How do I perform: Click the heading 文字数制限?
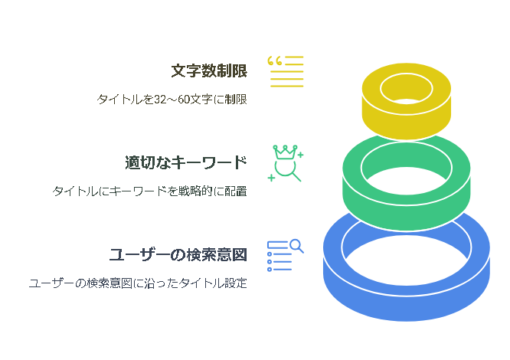[x=209, y=71]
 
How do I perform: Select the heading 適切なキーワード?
[x=186, y=162]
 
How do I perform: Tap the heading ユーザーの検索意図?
[x=178, y=254]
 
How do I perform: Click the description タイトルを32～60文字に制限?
[x=172, y=100]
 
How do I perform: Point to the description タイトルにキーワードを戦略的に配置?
[x=149, y=191]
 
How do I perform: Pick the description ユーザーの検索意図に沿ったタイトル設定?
[x=138, y=283]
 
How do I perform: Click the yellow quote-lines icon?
[x=286, y=71]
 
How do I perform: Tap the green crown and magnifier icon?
[x=286, y=163]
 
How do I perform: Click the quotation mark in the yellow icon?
[x=274, y=61]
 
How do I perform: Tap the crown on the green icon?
[x=285, y=152]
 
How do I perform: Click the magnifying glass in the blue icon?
[x=296, y=246]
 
